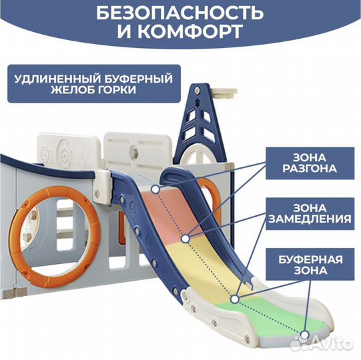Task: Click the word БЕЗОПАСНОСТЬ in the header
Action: click(x=179, y=13)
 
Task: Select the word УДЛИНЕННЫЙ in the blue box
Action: click(x=57, y=79)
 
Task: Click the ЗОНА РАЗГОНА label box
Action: click(x=310, y=163)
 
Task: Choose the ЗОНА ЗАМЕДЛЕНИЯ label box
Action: click(x=310, y=214)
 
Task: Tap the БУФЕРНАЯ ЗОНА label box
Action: click(x=310, y=264)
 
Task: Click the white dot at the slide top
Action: click(x=155, y=189)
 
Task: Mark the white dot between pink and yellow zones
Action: click(x=186, y=239)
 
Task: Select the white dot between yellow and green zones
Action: click(x=234, y=299)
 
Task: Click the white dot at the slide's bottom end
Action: click(x=305, y=335)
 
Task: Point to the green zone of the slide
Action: click(x=272, y=317)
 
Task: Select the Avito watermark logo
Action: click(x=322, y=343)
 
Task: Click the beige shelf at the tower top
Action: click(x=224, y=93)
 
